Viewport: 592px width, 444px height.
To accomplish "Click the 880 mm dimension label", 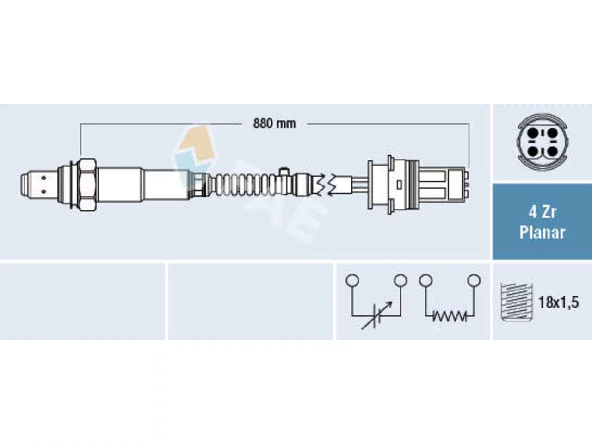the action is pos(274,124).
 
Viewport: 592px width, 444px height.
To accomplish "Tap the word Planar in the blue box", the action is pos(542,232).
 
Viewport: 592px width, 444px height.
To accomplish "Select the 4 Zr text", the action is pos(542,212).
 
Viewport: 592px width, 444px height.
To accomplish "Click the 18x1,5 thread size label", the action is pos(559,302).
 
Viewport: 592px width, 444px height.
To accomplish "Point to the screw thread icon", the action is pos(517,302).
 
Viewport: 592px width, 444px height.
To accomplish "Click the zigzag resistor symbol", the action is pos(450,316).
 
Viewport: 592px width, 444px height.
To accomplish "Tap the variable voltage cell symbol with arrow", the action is pos(376,315).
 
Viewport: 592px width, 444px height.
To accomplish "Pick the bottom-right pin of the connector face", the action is pos(552,152).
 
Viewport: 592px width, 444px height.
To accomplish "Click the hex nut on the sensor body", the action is pos(86,185).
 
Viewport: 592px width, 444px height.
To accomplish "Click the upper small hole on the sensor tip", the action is pos(43,178).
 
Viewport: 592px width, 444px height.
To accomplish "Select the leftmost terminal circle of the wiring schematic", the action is pos(352,280).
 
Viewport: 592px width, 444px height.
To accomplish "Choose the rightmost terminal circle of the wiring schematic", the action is pos(474,280).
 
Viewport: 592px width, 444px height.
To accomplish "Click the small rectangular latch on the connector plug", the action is pos(399,185).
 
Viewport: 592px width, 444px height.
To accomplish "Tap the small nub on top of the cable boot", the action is pos(284,171).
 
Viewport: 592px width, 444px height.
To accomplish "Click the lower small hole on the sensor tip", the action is pos(43,191).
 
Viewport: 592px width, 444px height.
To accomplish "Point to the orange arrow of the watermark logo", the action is pos(197,146).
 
